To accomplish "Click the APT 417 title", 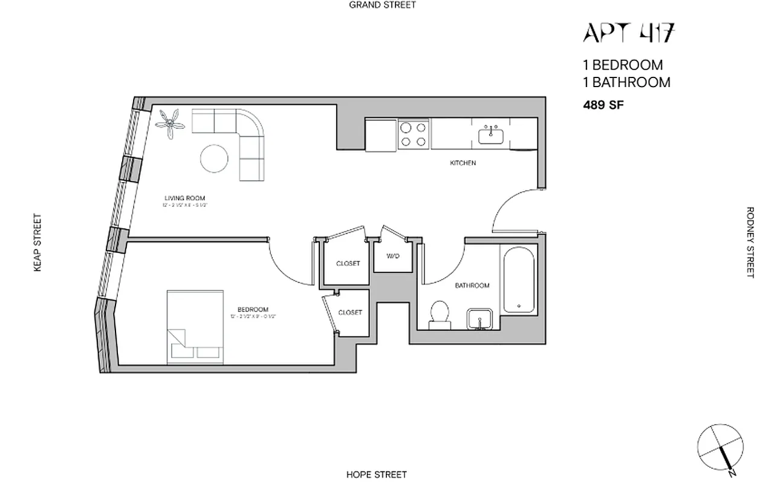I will (628, 33).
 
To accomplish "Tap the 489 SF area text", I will (603, 105).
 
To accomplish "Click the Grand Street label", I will (383, 5).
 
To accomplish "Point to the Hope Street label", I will (376, 474).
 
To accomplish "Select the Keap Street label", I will (37, 243).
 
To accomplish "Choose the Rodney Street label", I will (750, 243).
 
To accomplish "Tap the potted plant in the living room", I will (171, 124).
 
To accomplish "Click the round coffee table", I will (215, 159).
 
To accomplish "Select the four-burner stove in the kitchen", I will (413, 134).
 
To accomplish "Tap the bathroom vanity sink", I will (481, 319).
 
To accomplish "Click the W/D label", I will (393, 256).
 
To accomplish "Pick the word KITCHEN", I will (463, 163).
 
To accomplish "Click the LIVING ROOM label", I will (184, 198).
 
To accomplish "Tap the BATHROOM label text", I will (472, 286).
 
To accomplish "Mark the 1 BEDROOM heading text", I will (623, 65).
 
